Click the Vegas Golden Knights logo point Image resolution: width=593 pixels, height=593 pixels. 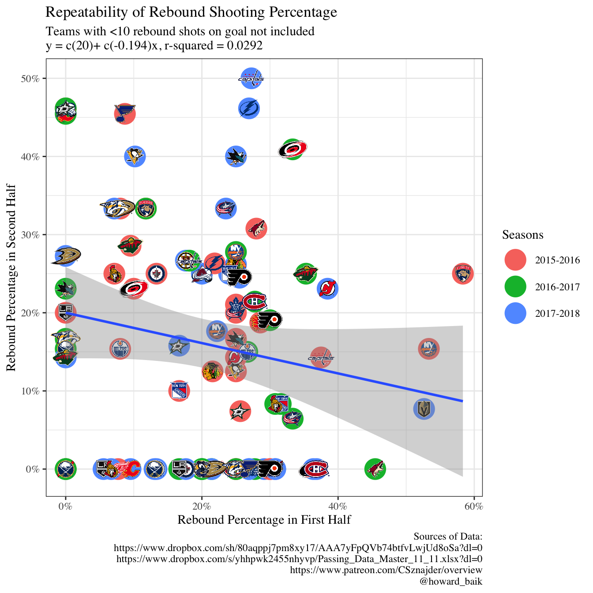424,409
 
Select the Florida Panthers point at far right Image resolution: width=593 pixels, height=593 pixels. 463,274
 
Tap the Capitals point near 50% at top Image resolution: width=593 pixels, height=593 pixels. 251,79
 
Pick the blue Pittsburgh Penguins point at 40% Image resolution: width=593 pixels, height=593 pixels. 135,156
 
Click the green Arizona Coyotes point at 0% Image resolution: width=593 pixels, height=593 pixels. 375,469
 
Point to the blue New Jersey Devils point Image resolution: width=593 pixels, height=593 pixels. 327,289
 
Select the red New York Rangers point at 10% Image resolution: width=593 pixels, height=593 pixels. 179,391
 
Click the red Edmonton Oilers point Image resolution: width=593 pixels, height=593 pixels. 120,349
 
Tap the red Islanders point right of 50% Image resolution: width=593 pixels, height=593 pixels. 428,349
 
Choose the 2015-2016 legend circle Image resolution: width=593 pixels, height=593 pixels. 515,260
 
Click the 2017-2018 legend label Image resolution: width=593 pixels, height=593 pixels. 557,314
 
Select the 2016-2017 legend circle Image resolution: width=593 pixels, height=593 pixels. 515,287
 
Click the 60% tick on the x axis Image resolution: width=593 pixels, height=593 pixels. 474,506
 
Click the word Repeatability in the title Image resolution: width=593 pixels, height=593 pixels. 83,12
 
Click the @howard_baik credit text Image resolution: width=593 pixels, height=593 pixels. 451,581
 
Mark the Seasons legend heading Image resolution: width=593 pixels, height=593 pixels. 522,235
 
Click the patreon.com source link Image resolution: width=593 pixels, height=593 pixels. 386,570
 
